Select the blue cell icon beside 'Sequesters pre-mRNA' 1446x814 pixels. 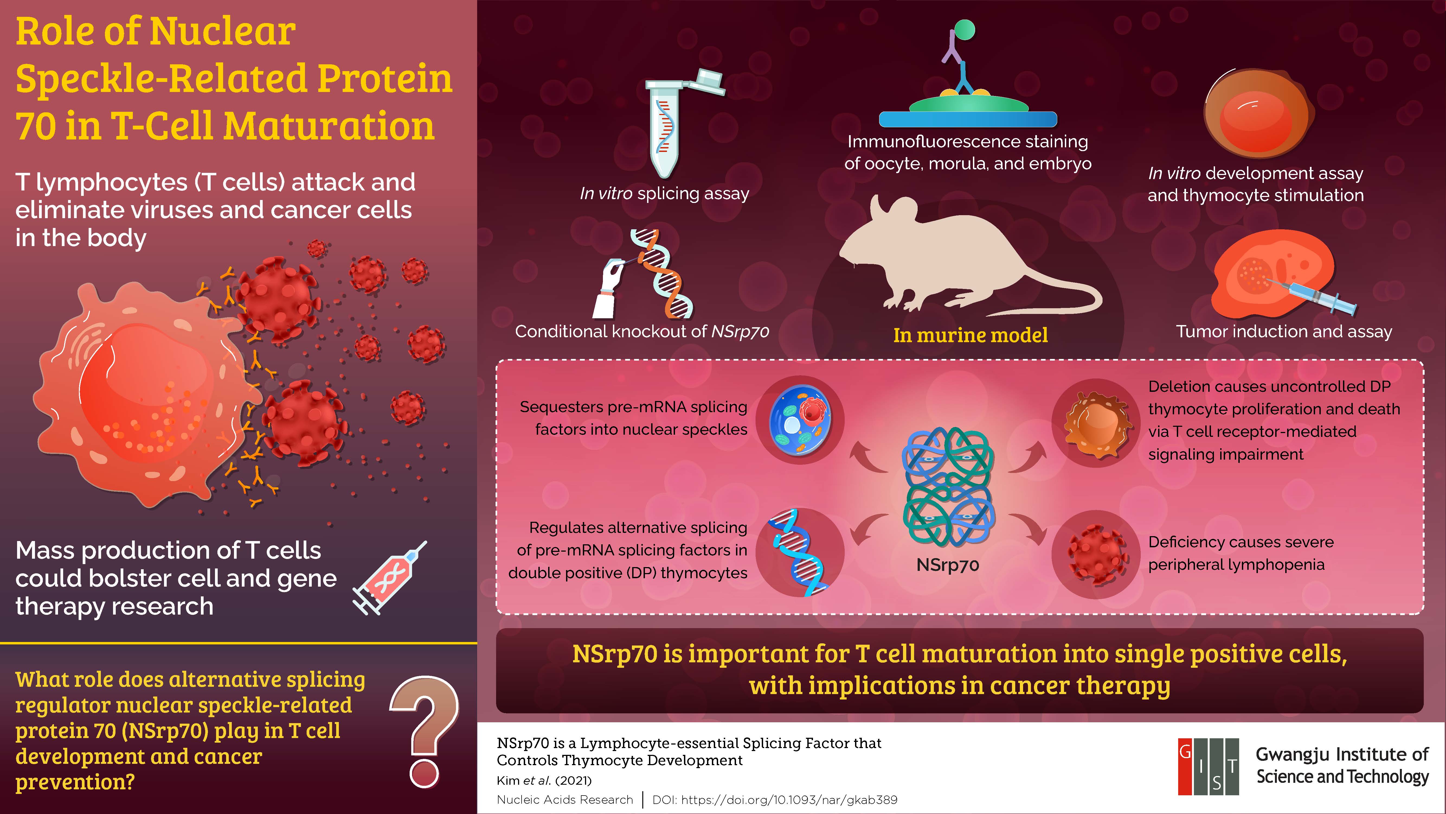click(799, 420)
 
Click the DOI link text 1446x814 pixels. click(775, 799)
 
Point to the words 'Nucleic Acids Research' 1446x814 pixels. click(565, 799)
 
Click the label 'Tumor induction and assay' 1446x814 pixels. click(1284, 332)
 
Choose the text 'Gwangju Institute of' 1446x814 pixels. click(1342, 755)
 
